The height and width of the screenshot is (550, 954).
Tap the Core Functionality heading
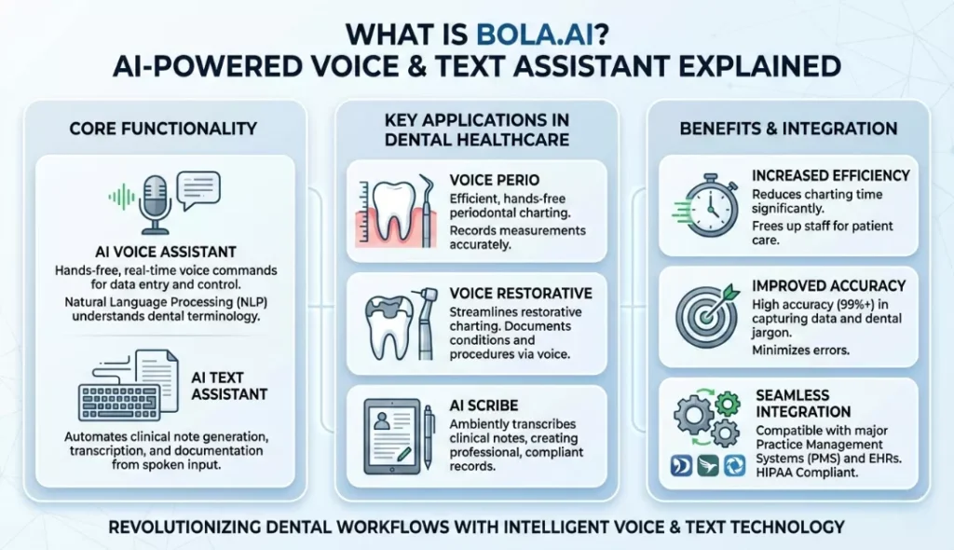click(x=163, y=128)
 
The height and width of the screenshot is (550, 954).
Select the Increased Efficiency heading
click(x=832, y=174)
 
